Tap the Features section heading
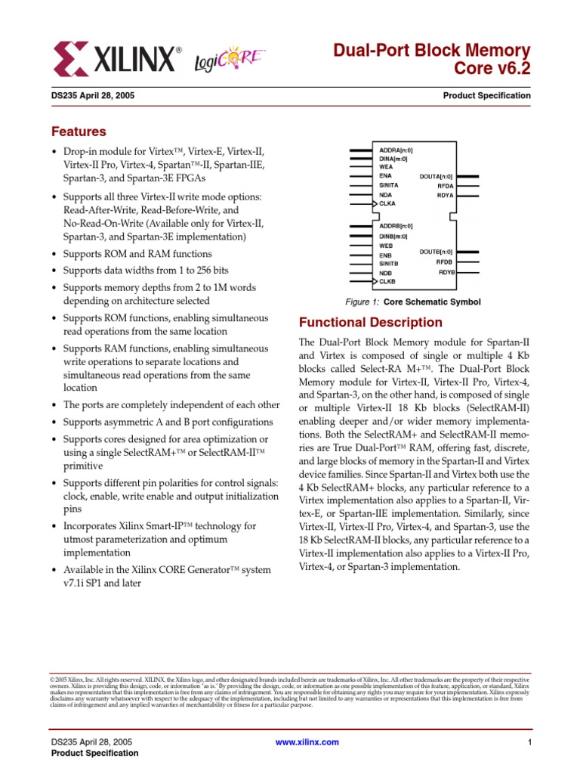[79, 132]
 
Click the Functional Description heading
[371, 322]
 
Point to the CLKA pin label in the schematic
[387, 203]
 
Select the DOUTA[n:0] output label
[436, 175]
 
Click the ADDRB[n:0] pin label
[395, 226]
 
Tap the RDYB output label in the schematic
[446, 271]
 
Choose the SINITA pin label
[389, 184]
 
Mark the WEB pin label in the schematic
[385, 246]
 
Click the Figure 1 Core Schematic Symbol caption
[412, 302]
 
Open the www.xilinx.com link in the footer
[307, 742]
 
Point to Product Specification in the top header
[486, 96]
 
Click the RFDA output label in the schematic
[445, 184]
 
